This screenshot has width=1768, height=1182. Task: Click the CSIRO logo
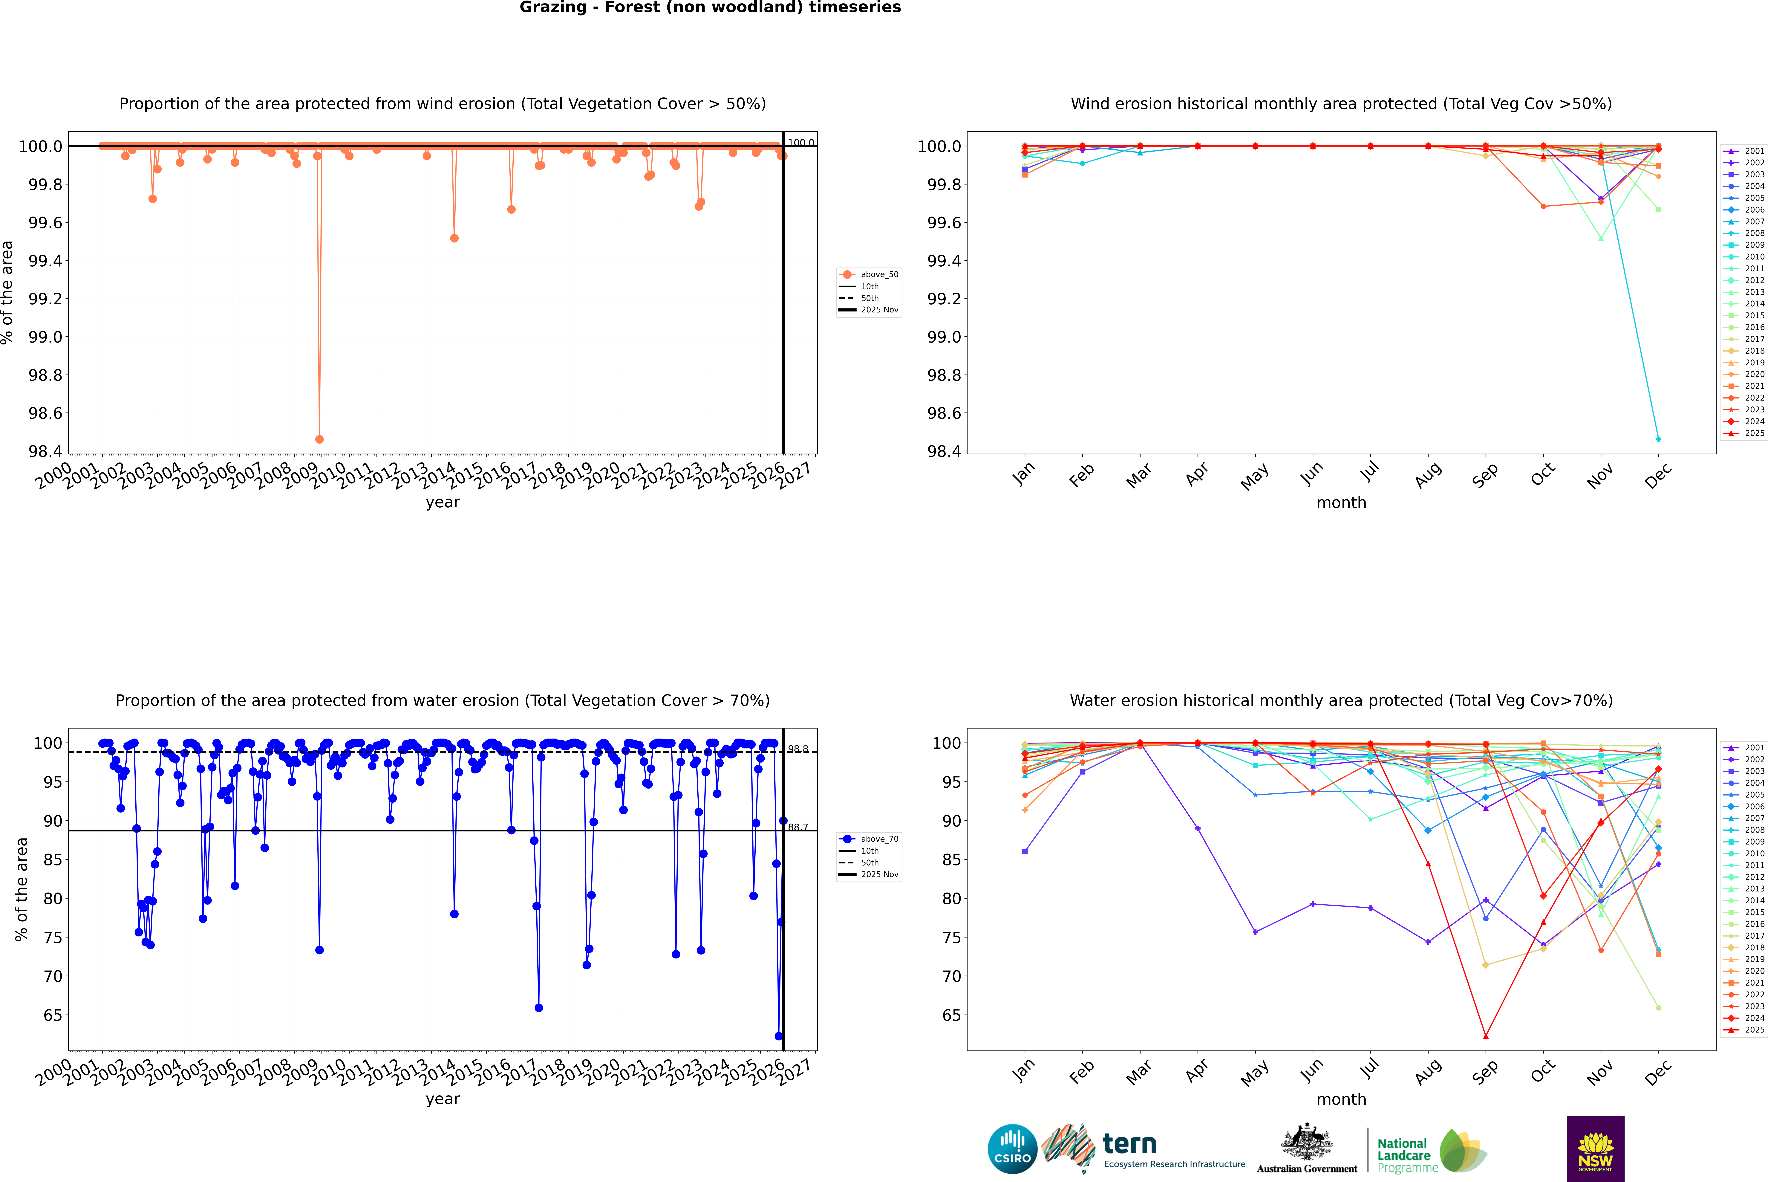pos(1012,1149)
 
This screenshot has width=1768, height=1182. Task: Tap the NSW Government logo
pos(1595,1149)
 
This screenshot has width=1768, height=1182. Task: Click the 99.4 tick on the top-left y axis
pos(45,261)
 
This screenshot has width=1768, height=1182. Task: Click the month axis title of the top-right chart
pos(1341,503)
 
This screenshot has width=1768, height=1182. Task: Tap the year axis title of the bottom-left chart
pos(442,1099)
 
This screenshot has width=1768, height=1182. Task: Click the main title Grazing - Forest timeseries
pos(710,7)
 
